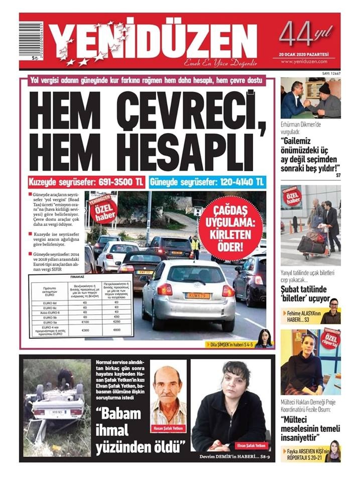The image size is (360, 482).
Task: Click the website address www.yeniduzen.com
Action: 304,61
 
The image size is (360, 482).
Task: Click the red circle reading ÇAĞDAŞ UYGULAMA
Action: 230,221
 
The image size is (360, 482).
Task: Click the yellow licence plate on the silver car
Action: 198,296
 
